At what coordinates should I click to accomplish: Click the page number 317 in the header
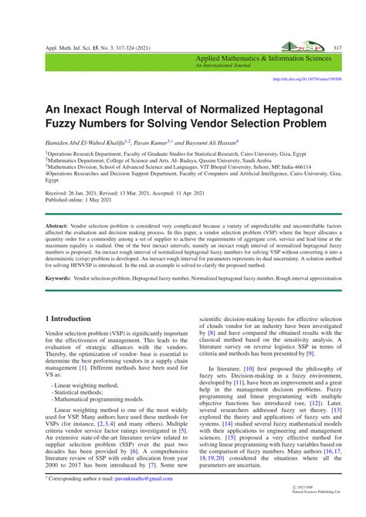tap(337, 48)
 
